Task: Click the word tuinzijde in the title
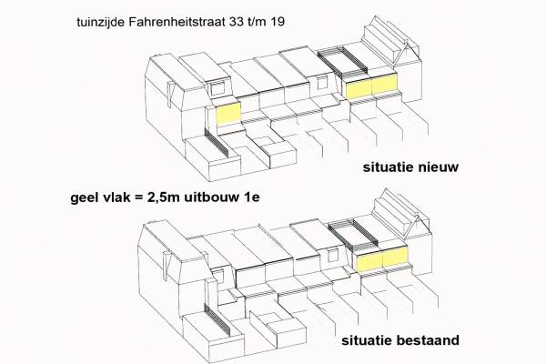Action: (x=101, y=22)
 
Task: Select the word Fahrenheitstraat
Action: (x=177, y=22)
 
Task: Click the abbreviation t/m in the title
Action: (x=257, y=22)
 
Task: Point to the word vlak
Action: (x=112, y=197)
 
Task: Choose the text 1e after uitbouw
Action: (x=251, y=197)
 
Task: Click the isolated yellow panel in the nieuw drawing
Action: (x=228, y=114)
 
